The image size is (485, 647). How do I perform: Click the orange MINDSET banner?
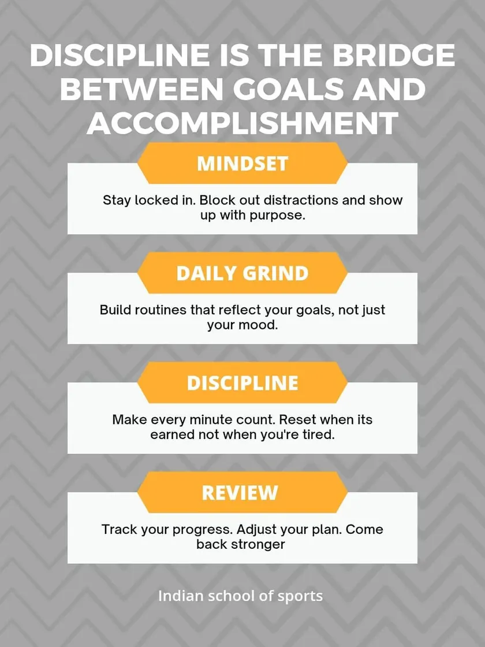(242, 163)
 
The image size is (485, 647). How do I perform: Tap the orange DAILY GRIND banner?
(242, 273)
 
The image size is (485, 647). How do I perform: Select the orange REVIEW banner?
(242, 492)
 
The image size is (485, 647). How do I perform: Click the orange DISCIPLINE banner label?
(242, 382)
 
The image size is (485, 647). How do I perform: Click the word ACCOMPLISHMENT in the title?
(242, 123)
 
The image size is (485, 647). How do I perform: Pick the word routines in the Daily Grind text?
(160, 310)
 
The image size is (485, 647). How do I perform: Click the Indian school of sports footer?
(240, 596)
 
